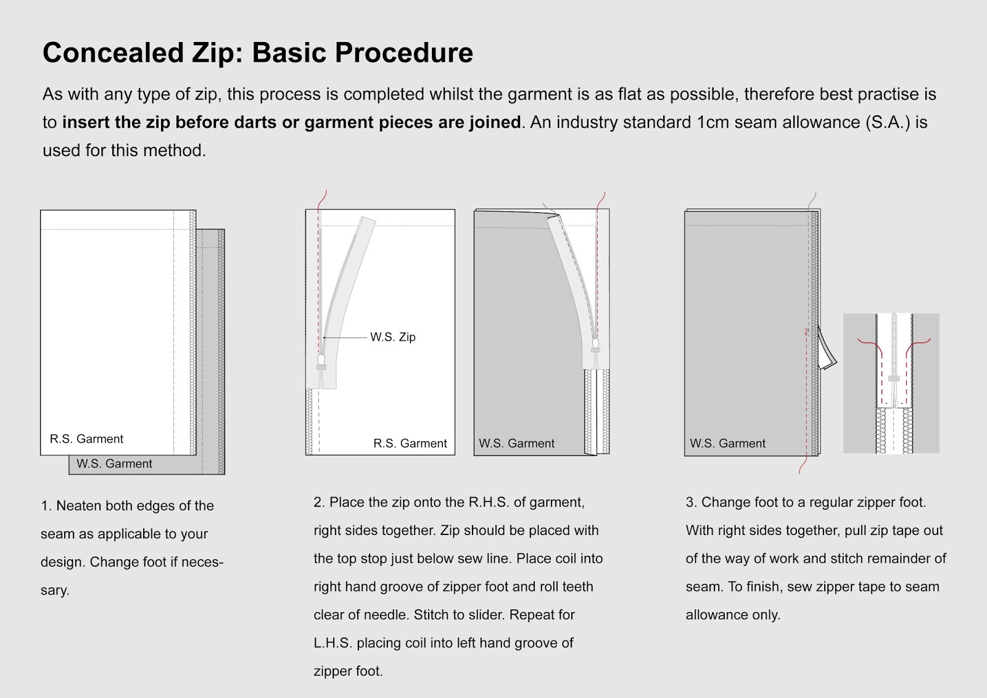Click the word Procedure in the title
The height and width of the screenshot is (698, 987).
403,52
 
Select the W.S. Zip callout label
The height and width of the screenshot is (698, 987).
393,337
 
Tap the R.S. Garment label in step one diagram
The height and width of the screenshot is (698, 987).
86,439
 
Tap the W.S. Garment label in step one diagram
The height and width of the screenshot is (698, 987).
114,463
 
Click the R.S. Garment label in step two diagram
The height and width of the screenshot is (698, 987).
410,443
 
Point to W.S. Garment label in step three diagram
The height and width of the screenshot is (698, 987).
727,443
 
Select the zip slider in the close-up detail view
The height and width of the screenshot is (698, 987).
894,378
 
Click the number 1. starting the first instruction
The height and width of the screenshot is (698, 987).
46,506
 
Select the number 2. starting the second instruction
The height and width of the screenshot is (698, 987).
319,502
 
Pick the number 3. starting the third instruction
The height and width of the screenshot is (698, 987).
692,502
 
